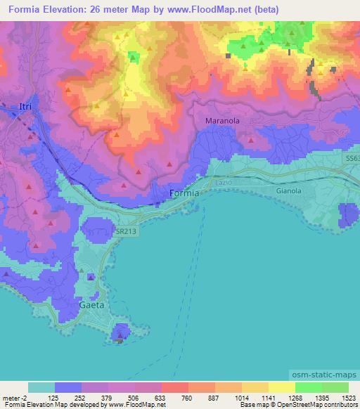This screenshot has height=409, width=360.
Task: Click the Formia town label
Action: pos(185,193)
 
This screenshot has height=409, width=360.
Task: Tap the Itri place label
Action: pos(25,106)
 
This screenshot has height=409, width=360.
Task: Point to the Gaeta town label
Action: pos(91,306)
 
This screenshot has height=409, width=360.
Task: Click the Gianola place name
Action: pos(289,190)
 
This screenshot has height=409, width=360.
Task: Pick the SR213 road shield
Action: pos(126,231)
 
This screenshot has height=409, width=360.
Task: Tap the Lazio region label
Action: pos(224,182)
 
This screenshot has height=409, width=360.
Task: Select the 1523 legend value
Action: pos(340,397)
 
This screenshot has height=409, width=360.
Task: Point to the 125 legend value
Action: pos(52,397)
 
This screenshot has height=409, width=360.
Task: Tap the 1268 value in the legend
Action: pos(285,397)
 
